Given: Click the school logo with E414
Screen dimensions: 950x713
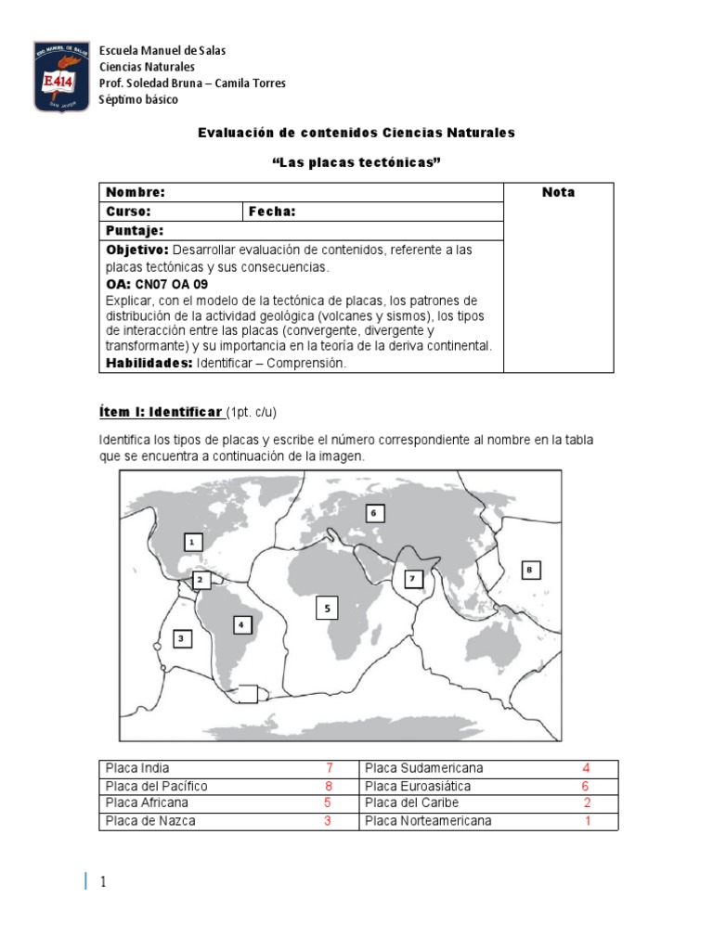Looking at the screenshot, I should pos(61,76).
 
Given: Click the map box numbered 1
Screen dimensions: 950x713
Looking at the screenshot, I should pos(191,542).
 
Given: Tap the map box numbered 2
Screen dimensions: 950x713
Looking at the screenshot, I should pos(200,580).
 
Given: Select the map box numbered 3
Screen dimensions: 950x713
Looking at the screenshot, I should pos(181,637).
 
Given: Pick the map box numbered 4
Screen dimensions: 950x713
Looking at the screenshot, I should pos(242,625).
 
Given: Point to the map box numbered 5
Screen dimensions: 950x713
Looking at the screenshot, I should pos(327,609).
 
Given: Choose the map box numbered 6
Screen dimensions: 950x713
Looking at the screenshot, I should pos(374,512).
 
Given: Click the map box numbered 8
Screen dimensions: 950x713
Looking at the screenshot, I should pos(529,570).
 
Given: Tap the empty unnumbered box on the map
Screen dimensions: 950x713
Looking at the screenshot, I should pos(248,693).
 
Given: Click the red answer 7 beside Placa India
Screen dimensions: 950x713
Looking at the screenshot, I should pos(329,768).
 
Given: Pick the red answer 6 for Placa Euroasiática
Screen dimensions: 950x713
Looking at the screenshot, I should pos(586,786).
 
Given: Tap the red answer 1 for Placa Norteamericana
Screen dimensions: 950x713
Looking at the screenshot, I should pos(587,821).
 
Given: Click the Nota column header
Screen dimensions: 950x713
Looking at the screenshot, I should pos(558,193).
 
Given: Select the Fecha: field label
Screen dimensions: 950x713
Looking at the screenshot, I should pos(272,212).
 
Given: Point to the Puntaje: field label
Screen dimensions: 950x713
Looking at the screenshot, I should pos(135,230).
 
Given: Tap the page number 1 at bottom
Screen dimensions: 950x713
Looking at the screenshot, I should pos(103,881).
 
